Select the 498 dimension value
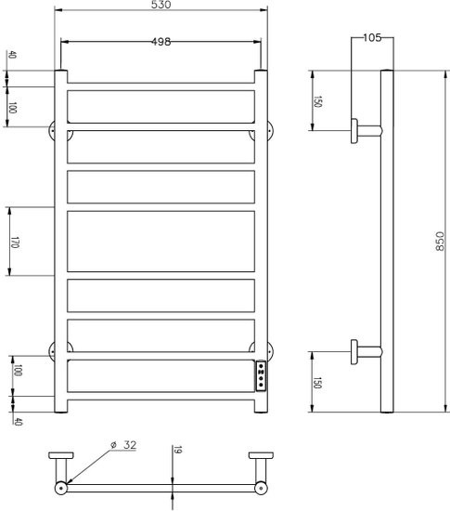pos(160,42)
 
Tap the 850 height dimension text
pos(439,241)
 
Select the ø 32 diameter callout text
pos(122,446)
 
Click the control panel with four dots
pos(263,376)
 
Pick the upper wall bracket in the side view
pos(362,130)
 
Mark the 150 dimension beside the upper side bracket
pos(317,100)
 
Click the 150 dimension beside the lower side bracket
pos(317,382)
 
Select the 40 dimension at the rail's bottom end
pos(17,422)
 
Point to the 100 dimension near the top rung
pos(13,108)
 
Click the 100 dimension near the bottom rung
pos(17,371)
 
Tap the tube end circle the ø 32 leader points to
pos(61,486)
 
